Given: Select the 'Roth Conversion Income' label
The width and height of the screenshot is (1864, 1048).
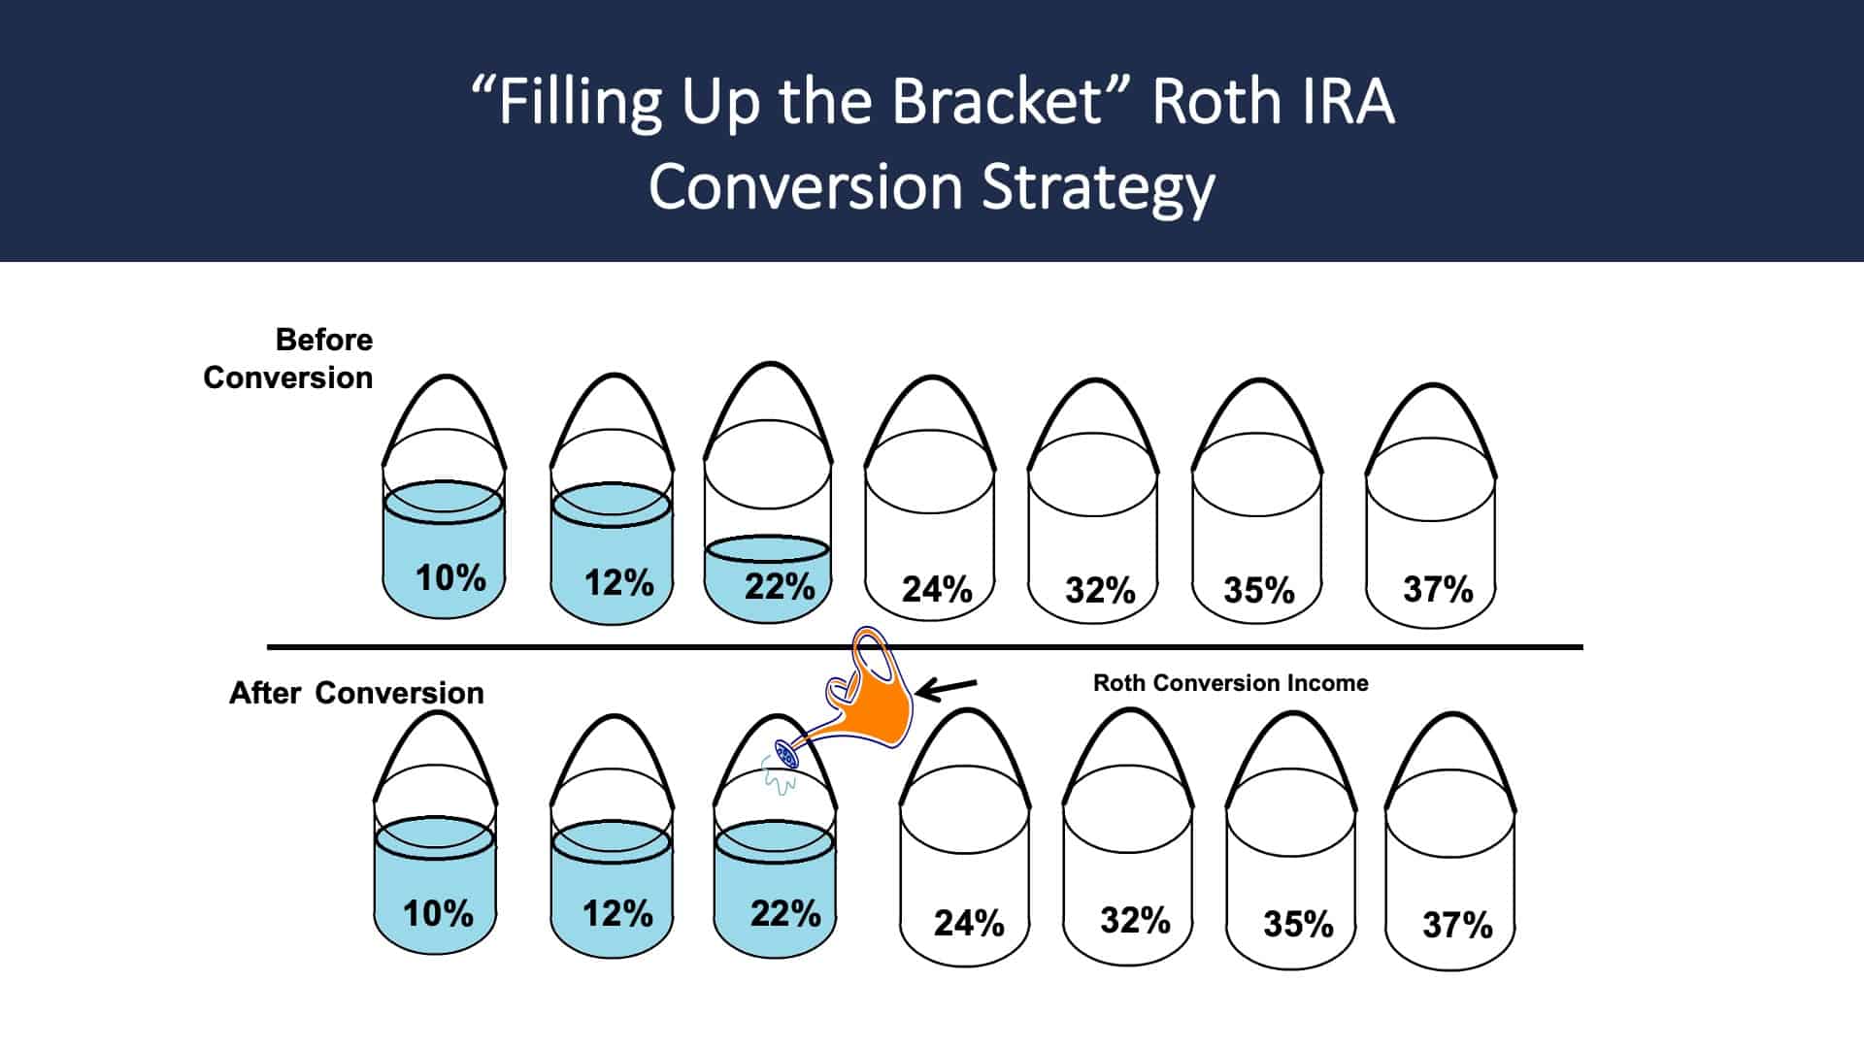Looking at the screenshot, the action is (1230, 683).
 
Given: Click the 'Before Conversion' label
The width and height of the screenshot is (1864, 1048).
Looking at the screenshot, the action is (288, 358).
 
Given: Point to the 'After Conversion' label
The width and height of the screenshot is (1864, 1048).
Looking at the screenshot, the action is (356, 693).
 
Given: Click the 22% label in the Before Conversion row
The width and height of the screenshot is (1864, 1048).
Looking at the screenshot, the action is (779, 586).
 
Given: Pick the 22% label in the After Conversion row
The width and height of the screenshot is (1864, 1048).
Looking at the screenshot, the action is (785, 913).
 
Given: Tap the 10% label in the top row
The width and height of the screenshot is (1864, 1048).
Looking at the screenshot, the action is (450, 577).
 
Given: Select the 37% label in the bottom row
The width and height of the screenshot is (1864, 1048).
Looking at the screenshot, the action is (1457, 925).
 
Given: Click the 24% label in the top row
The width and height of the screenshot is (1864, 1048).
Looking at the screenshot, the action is (937, 589).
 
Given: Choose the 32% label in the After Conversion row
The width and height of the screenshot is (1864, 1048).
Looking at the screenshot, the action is (1135, 920).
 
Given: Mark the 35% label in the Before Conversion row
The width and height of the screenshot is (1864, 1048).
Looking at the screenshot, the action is (1259, 590).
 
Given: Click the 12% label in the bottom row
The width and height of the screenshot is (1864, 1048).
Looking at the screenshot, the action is (617, 913).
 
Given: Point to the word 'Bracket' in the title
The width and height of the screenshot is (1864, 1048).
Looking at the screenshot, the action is (997, 102).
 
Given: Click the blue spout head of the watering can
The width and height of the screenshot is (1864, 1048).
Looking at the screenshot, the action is (785, 754).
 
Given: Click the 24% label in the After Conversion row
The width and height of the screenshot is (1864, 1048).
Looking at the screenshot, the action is (969, 923).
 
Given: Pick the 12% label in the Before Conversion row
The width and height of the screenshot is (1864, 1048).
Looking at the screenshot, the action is (618, 582).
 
